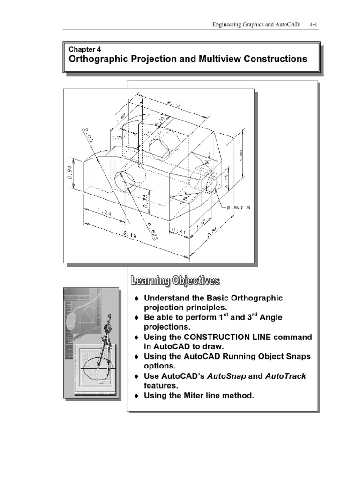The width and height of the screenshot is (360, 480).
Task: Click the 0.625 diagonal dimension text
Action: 151,231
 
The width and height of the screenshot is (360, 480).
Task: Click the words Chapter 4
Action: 84,49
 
